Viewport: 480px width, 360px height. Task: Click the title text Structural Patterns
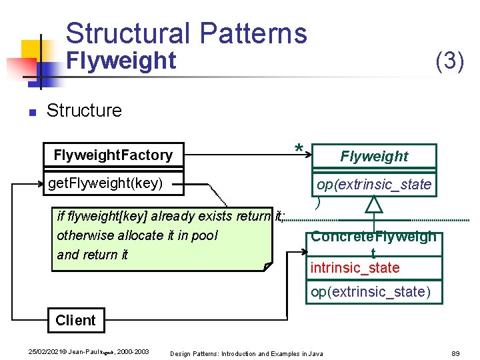coord(186,33)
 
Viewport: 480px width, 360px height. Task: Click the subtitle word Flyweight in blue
coord(122,61)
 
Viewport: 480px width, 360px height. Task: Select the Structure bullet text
coord(84,110)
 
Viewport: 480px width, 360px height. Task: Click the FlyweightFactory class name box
coord(113,155)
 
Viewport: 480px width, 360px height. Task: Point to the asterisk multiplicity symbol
coord(299,149)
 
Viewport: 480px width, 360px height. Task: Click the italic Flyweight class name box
coord(373,157)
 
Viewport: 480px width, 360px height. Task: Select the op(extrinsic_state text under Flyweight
coord(373,185)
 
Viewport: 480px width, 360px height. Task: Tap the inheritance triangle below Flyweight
coord(374,203)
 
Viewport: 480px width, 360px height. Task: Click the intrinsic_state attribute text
coord(355,268)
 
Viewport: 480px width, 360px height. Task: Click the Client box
coord(75,320)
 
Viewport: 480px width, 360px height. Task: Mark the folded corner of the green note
coord(267,266)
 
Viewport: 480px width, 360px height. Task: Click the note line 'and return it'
coord(93,255)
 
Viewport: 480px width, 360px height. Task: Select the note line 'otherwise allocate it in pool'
coord(137,235)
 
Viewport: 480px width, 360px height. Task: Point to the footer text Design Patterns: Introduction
coord(220,353)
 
